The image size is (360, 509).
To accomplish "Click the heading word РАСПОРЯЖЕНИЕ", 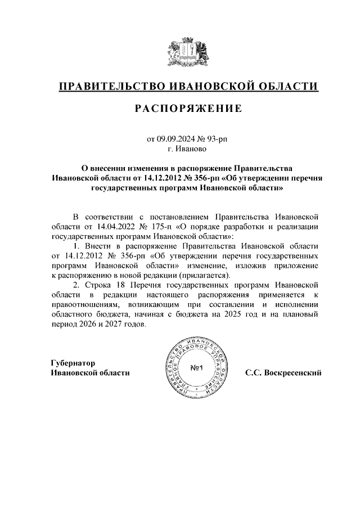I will click(x=188, y=110).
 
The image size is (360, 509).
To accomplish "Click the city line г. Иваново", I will click(x=188, y=149).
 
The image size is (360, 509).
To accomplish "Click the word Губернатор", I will click(x=74, y=363).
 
